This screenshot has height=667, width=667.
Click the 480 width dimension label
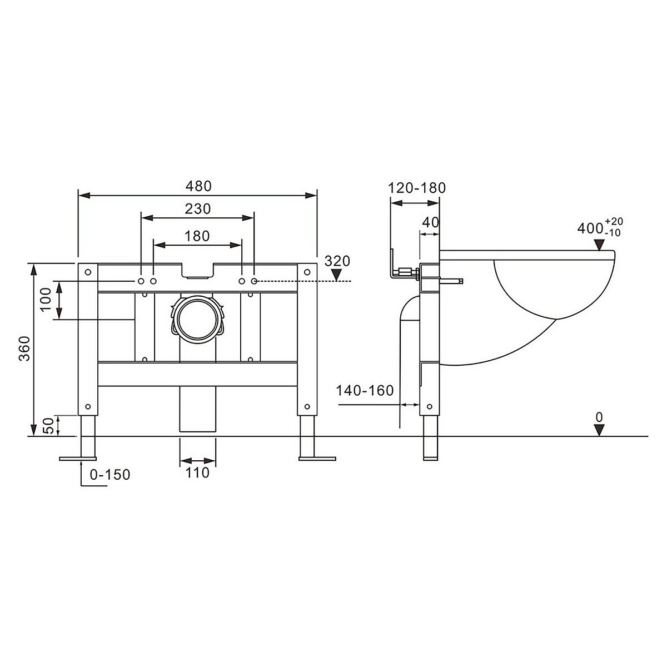[x=198, y=186]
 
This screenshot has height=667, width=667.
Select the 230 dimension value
[x=198, y=209]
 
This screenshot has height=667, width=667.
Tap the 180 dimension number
[x=197, y=236]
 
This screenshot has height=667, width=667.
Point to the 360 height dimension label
[x=24, y=349]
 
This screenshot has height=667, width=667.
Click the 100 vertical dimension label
[x=46, y=300]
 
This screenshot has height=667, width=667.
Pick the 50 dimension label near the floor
[x=48, y=426]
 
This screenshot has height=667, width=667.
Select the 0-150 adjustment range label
[x=110, y=475]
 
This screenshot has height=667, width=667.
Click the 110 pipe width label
[x=197, y=473]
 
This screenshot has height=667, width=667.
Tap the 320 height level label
[x=337, y=261]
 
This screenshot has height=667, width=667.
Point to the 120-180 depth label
[x=417, y=188]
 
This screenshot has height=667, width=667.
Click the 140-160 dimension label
[x=365, y=390]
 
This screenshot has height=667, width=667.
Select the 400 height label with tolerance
[x=600, y=227]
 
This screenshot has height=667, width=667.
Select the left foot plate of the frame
[x=78, y=459]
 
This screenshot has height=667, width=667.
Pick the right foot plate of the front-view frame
[x=317, y=459]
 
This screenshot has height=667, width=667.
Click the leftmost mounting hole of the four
[x=141, y=281]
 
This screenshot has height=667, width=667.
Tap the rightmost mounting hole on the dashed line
[x=254, y=281]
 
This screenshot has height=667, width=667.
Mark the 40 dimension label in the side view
[x=431, y=222]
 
